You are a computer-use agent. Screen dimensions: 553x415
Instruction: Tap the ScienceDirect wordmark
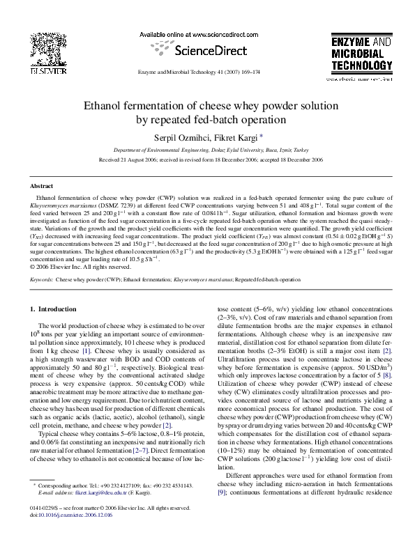coord(200,50)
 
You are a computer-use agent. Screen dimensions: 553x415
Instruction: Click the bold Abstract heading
coord(41,187)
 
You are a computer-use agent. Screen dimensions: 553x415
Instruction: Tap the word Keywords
coord(42,279)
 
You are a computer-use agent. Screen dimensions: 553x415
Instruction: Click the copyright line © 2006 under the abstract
coord(80,266)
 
